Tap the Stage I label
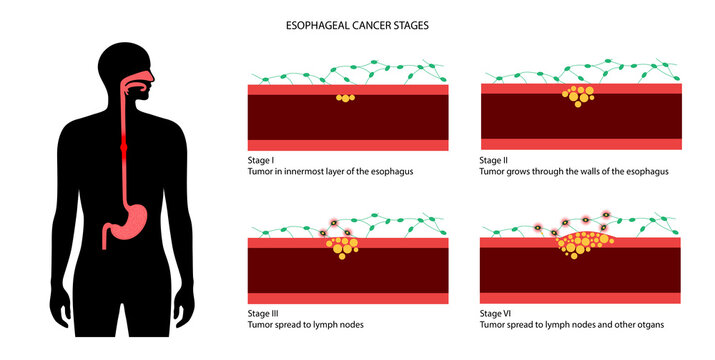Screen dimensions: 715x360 click(x=262, y=160)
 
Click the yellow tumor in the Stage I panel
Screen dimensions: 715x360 click(x=345, y=98)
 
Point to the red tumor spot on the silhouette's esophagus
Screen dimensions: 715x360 click(x=124, y=147)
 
